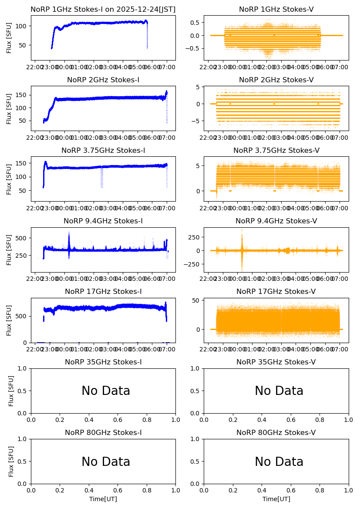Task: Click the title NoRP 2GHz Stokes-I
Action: [x=103, y=80]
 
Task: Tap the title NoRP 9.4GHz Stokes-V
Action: [x=276, y=221]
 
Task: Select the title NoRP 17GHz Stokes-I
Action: [x=103, y=292]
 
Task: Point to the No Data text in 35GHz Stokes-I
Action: [x=106, y=391]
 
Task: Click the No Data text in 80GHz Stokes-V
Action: [x=279, y=462]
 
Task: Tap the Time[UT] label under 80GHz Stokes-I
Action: [x=103, y=499]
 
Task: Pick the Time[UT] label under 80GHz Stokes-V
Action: [x=276, y=499]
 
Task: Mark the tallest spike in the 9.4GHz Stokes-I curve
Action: [x=69, y=233]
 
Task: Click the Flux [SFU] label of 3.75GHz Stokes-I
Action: [x=10, y=179]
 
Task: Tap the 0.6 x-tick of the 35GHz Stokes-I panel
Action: [x=118, y=420]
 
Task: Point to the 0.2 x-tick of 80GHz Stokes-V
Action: [x=233, y=490]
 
